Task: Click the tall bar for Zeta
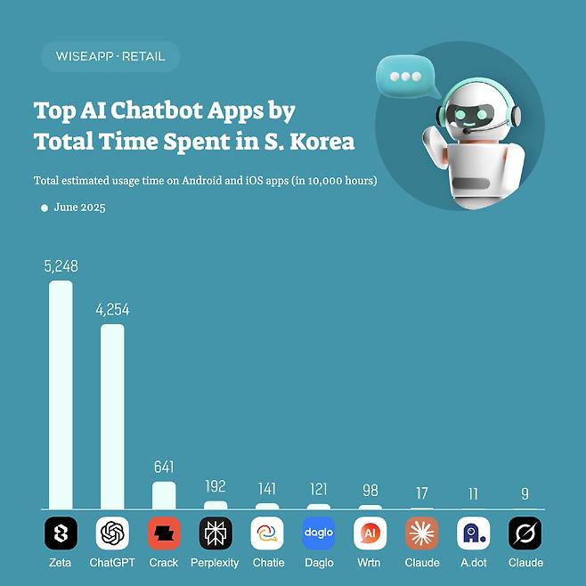click(61, 395)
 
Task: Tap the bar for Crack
click(164, 495)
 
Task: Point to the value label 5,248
click(61, 266)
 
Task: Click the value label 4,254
click(112, 310)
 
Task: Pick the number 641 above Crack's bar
click(164, 468)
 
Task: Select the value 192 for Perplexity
click(216, 487)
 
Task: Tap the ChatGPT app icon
click(112, 533)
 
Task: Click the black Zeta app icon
click(61, 533)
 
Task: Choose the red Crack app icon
click(164, 533)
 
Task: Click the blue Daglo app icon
click(319, 533)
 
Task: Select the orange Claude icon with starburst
click(422, 533)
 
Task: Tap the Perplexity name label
click(216, 563)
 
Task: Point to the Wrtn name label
click(370, 563)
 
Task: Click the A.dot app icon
click(474, 533)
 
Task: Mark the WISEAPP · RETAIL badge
click(110, 56)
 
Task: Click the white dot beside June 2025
click(45, 208)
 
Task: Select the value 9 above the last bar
click(525, 493)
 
